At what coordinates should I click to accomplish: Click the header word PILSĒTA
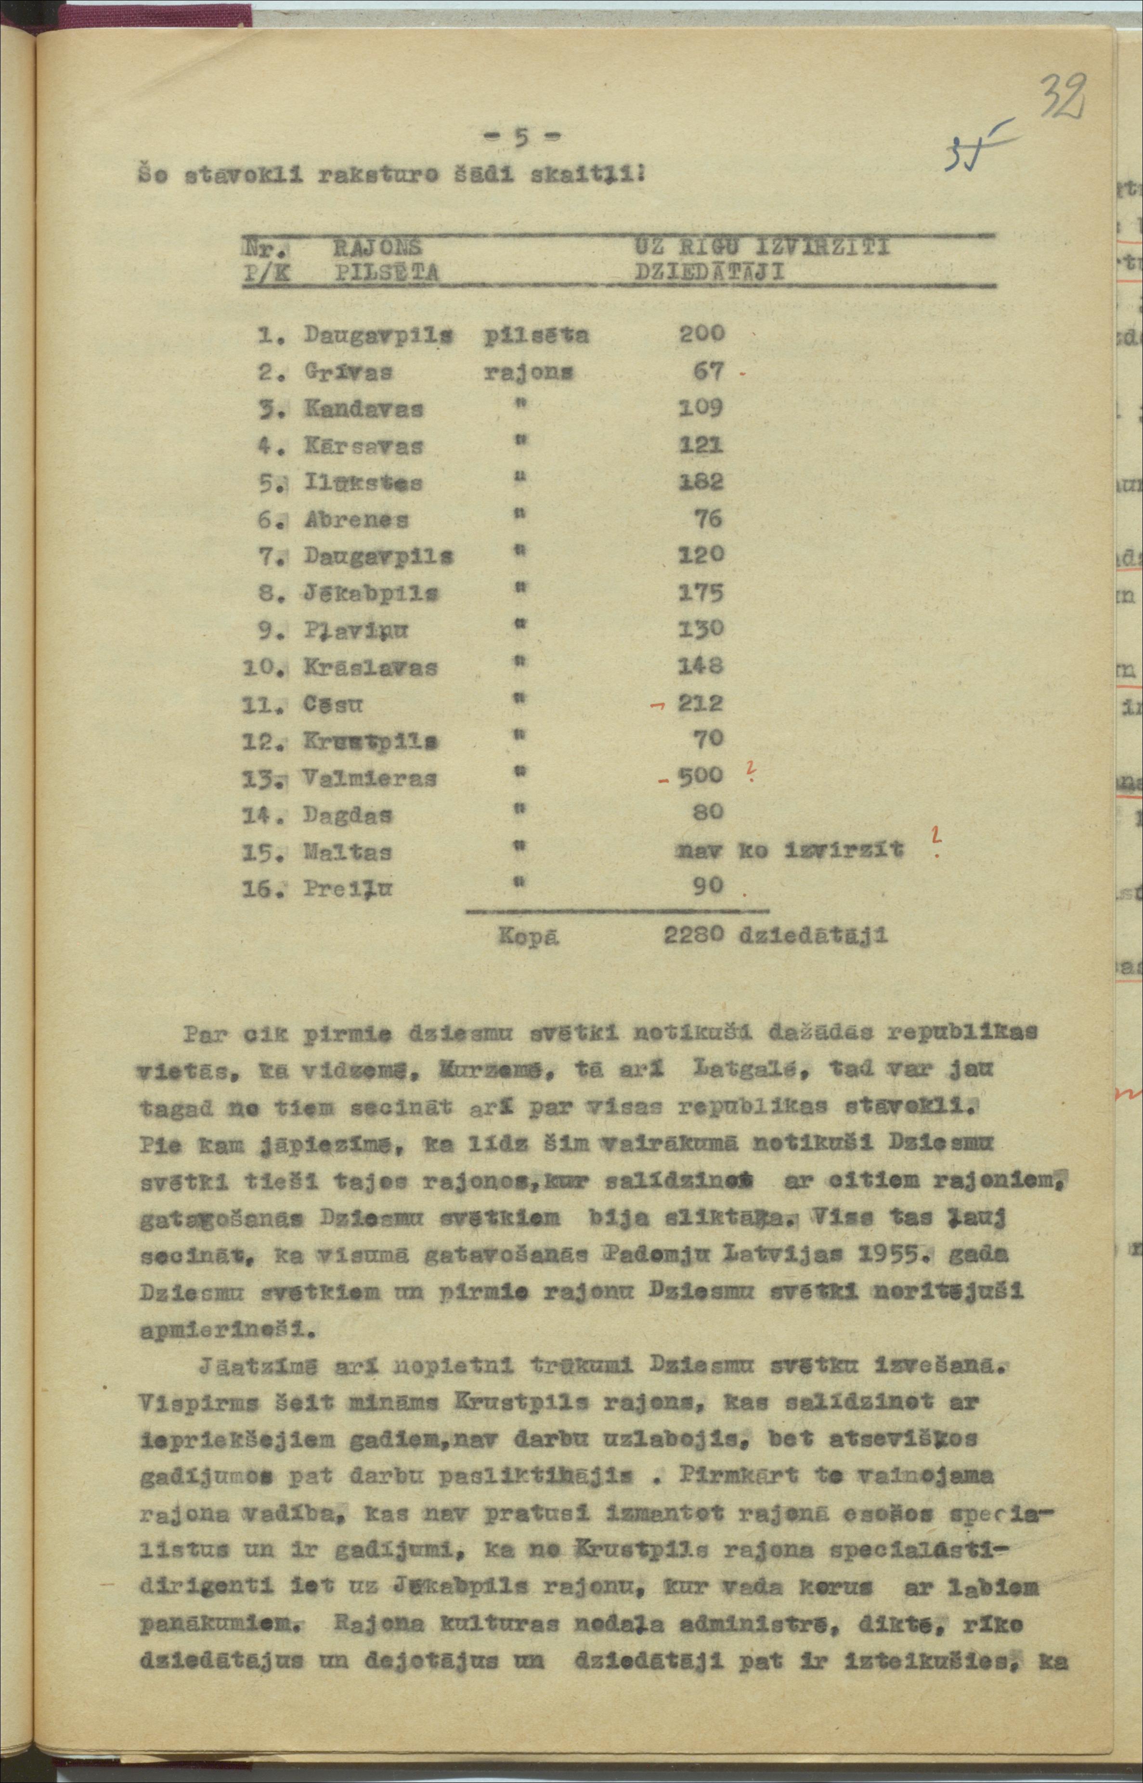(x=387, y=273)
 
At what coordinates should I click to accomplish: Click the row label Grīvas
(x=348, y=371)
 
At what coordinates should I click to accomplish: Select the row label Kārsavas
(x=363, y=446)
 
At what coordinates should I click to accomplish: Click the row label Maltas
(x=347, y=851)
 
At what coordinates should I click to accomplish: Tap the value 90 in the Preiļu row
(x=708, y=885)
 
